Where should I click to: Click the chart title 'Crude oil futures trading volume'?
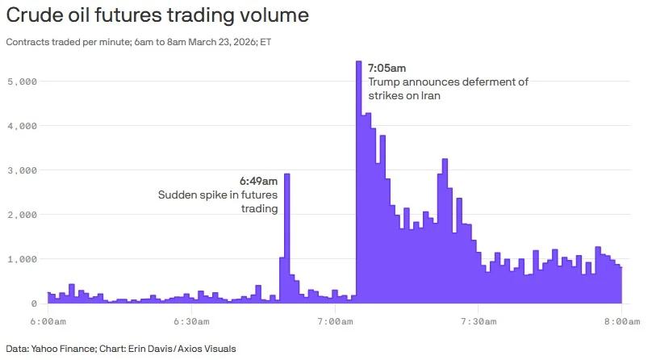pyautogui.click(x=157, y=15)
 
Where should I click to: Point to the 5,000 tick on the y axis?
pyautogui.click(x=22, y=82)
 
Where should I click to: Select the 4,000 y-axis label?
pyautogui.click(x=22, y=126)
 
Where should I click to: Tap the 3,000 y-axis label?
pyautogui.click(x=22, y=170)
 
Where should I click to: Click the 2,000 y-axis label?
pyautogui.click(x=22, y=215)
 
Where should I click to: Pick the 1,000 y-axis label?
pyautogui.click(x=22, y=259)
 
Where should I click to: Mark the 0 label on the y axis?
pyautogui.click(x=34, y=303)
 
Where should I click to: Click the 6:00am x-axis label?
pyautogui.click(x=48, y=321)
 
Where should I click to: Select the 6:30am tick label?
pyautogui.click(x=191, y=321)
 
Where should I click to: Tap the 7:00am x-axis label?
pyautogui.click(x=335, y=321)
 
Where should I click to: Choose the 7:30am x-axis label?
pyautogui.click(x=479, y=321)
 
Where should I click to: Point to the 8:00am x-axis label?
pyautogui.click(x=621, y=321)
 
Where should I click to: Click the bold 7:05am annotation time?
pyautogui.click(x=387, y=68)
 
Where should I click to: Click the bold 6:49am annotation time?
pyautogui.click(x=258, y=180)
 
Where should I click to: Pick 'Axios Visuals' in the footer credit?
pyautogui.click(x=211, y=349)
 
